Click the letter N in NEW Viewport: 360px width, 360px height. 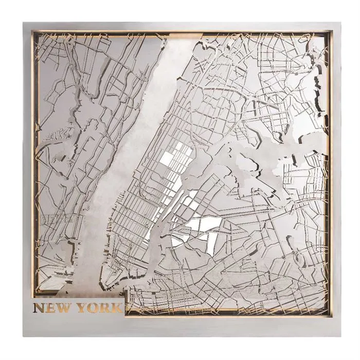pyautogui.click(x=39, y=308)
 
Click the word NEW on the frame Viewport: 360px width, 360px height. pyautogui.click(x=52, y=308)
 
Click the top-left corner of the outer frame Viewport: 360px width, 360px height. pyautogui.click(x=24, y=23)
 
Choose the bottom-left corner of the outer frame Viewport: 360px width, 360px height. pyautogui.click(x=24, y=336)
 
